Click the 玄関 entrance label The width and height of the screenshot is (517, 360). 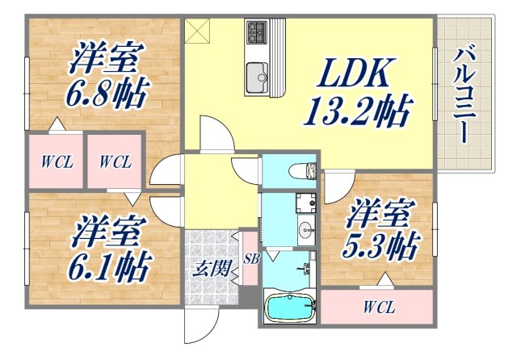[207, 270]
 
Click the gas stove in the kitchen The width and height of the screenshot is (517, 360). [257, 32]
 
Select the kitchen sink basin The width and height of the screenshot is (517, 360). [258, 74]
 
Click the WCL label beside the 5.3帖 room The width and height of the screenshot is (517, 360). [378, 308]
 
